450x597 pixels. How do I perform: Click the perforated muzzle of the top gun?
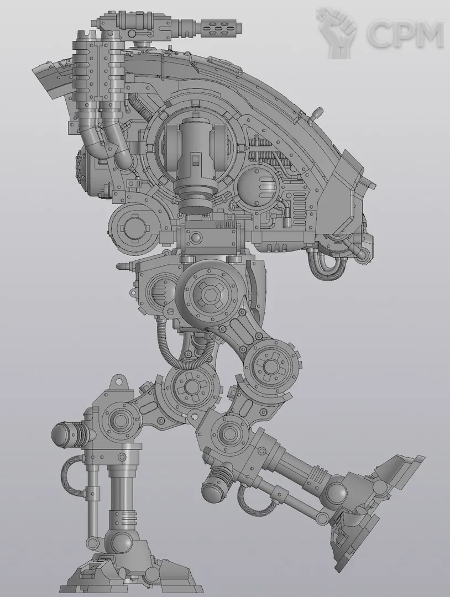[x=219, y=28]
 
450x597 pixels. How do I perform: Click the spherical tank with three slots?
[x=259, y=187]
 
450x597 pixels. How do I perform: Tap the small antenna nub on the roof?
[x=317, y=114]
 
